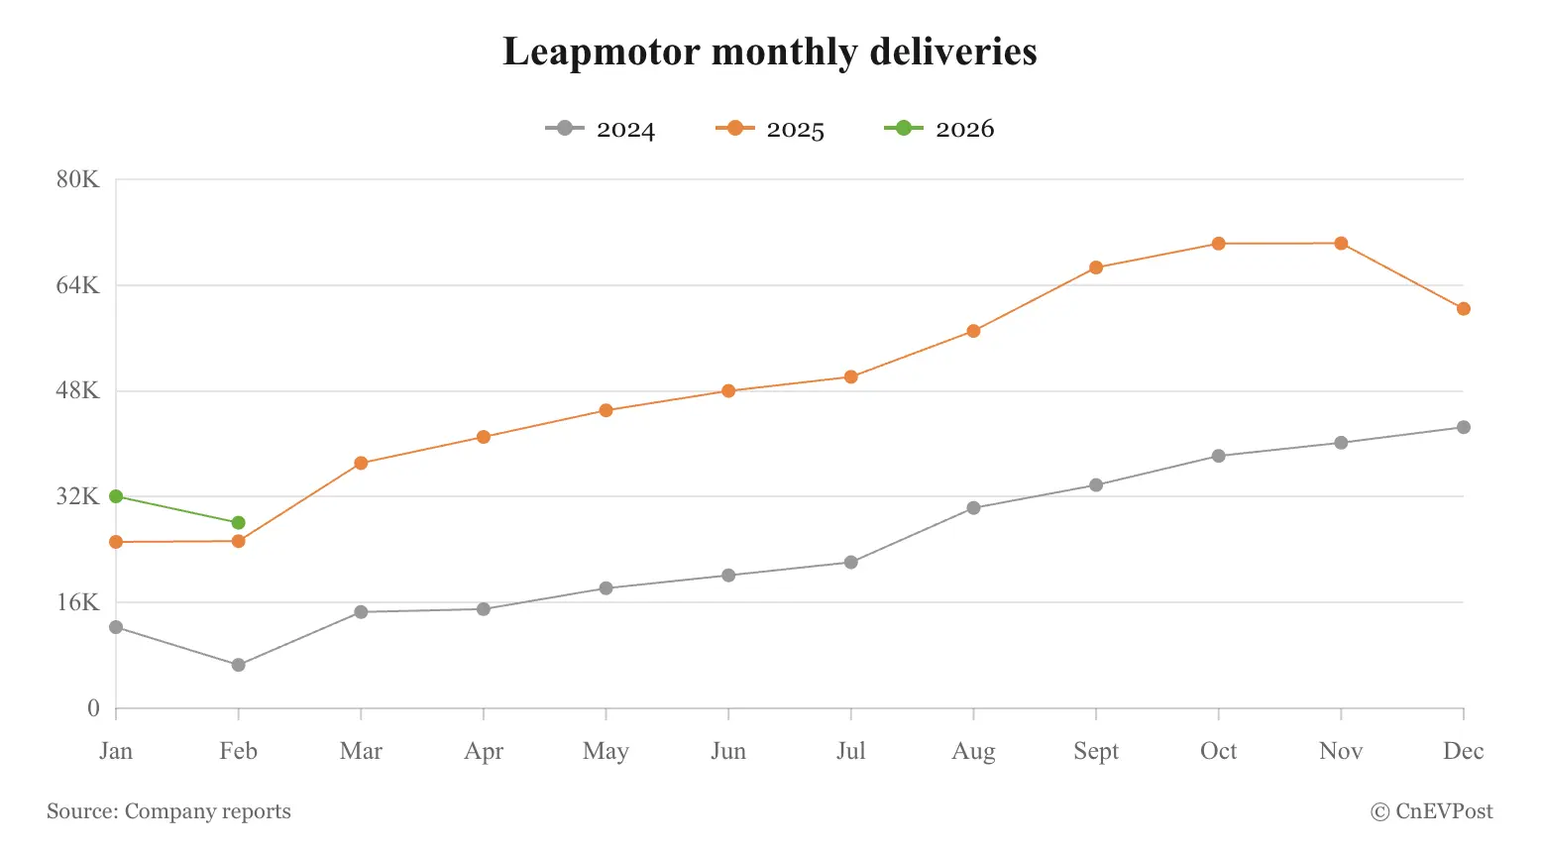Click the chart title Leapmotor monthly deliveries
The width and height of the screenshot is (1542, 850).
tap(770, 52)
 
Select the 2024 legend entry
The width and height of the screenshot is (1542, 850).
tap(601, 129)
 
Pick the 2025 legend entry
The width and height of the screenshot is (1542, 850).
tap(770, 129)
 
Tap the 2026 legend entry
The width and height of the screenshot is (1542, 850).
tap(939, 129)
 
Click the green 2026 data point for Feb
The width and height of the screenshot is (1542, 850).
tap(239, 523)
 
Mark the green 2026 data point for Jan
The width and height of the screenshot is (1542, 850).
tap(116, 496)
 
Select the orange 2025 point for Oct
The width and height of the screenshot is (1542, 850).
tap(1218, 244)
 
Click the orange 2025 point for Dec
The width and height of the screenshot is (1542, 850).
tap(1463, 309)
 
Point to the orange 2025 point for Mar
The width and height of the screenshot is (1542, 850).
tap(361, 463)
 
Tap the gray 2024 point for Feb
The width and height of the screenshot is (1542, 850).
tap(239, 665)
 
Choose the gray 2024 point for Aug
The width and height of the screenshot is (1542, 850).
tap(973, 508)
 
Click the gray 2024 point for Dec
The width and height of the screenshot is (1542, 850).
tap(1463, 428)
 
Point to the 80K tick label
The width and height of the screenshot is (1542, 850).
tap(78, 179)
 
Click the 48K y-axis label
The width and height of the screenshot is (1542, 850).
tap(78, 390)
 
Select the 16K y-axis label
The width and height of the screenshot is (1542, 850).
tap(78, 602)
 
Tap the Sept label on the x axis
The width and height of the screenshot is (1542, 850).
tap(1096, 751)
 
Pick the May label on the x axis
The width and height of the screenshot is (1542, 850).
tap(606, 751)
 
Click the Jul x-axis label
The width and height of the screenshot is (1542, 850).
tap(850, 751)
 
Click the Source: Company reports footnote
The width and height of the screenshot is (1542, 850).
tap(168, 811)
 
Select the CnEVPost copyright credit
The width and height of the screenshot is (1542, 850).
tap(1431, 811)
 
